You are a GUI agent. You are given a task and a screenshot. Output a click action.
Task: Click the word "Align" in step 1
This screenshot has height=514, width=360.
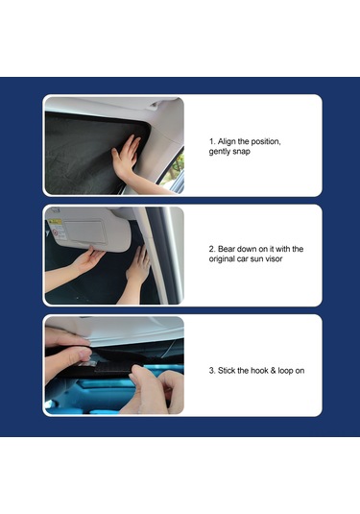tap(227, 141)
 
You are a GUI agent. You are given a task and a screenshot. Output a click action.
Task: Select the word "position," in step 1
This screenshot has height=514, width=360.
tap(266, 142)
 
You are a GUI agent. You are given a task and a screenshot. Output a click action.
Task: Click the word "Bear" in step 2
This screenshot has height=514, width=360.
tap(227, 249)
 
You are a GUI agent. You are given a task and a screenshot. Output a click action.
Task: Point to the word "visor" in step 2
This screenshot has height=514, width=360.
tap(274, 258)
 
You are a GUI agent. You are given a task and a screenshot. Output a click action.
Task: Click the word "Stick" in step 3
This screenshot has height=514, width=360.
tap(227, 371)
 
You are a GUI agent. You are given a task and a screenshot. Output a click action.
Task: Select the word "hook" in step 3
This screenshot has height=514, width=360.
tap(259, 371)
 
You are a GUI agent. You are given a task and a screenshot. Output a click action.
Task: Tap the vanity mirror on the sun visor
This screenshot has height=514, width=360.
tap(85, 233)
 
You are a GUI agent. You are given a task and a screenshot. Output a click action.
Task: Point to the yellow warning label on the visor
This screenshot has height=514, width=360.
tap(56, 222)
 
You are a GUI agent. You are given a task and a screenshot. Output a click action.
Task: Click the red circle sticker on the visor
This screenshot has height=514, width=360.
tap(56, 233)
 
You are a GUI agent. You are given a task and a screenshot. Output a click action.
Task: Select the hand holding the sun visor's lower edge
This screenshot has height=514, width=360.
tap(85, 260)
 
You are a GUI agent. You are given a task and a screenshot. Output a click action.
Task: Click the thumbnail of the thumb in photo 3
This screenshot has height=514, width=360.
tap(84, 353)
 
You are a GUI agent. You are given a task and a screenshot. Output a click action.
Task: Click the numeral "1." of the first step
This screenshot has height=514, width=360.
tap(212, 141)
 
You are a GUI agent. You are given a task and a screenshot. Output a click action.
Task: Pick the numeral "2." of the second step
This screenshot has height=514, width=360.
tap(212, 249)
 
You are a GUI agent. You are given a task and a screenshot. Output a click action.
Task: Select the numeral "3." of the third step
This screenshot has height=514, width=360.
tap(212, 371)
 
